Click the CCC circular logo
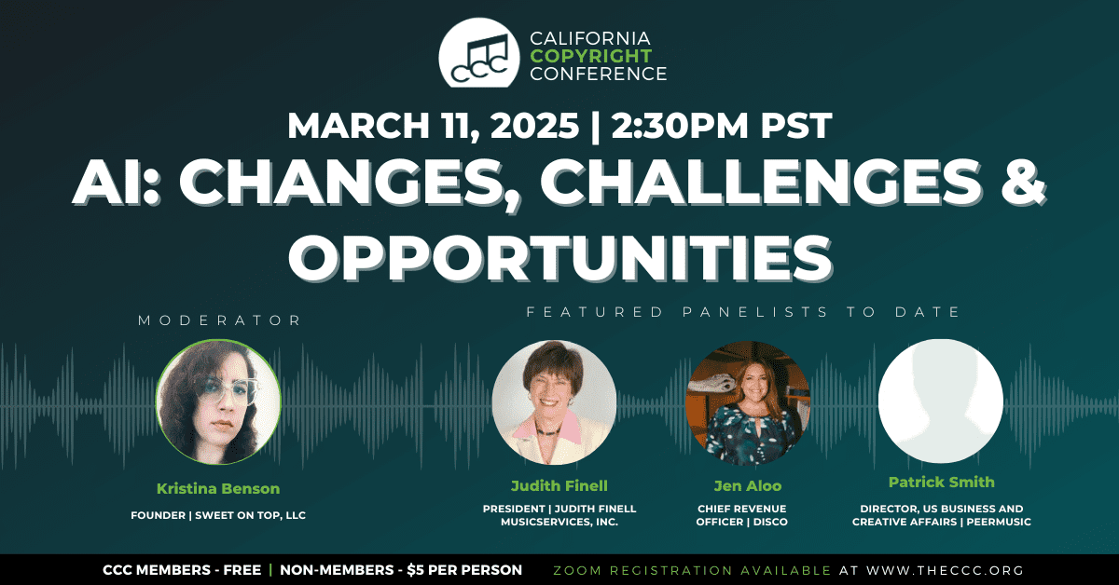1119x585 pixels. click(x=479, y=53)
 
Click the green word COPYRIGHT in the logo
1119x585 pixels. click(x=591, y=56)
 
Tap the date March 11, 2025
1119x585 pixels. click(x=433, y=125)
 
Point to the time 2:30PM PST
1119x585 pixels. click(x=722, y=125)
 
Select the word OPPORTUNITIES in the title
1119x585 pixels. click(x=560, y=259)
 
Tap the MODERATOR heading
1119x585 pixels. click(x=220, y=320)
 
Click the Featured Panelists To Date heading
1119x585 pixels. click(x=743, y=312)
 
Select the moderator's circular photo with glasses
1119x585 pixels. click(x=218, y=401)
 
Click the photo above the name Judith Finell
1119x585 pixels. click(x=554, y=402)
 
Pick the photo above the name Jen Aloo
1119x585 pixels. click(x=747, y=402)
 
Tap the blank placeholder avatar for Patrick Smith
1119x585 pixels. click(x=941, y=401)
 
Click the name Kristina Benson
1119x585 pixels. click(x=218, y=489)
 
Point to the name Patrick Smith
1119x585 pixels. click(x=942, y=483)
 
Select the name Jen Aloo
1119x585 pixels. click(x=748, y=485)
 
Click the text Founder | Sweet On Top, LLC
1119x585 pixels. click(x=218, y=515)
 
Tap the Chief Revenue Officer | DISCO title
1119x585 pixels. click(x=742, y=515)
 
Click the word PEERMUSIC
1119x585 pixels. click(x=999, y=522)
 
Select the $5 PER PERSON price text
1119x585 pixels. click(x=464, y=570)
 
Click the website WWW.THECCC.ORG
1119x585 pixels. click(x=946, y=570)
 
